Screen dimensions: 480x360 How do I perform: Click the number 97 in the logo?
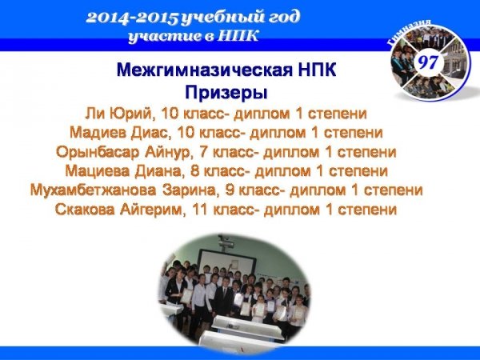click(x=428, y=62)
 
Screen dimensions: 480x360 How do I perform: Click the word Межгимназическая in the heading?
click(x=205, y=70)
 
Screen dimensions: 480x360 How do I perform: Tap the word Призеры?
click(x=226, y=93)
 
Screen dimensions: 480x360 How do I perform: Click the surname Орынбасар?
click(x=98, y=153)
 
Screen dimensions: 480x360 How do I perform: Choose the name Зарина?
click(x=191, y=190)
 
